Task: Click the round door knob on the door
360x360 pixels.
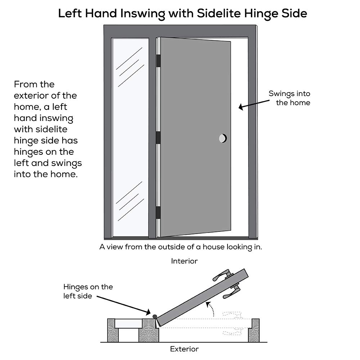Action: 223,138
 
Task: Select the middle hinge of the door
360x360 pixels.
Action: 158,138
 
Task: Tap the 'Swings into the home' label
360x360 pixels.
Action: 289,98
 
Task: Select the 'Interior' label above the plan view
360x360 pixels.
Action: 184,261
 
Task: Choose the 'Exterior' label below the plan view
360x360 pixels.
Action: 184,349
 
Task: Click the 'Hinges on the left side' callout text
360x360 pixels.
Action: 88,291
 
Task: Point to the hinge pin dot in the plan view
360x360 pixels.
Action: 155,316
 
